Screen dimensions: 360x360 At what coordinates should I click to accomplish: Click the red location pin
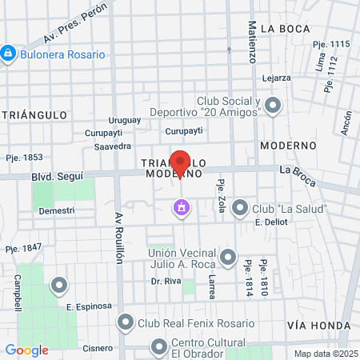pos(180,162)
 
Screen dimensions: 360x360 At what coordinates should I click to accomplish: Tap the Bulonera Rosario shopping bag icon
pos(9,54)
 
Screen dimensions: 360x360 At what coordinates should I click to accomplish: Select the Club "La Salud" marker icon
pos(239,209)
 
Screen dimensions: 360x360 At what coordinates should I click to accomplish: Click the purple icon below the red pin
pos(182,208)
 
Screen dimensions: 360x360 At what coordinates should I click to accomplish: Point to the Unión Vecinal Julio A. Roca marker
pos(229,257)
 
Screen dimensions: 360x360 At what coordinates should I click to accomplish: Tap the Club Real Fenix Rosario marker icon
pos(126,323)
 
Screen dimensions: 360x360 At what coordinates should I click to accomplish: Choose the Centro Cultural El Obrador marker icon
pos(158,346)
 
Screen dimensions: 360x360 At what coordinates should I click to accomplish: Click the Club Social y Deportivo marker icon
pos(274,105)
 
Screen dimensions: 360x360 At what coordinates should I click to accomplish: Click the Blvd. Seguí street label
pos(56,176)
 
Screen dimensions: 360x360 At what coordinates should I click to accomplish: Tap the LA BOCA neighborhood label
pos(284,29)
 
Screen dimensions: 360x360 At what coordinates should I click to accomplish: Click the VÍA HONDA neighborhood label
pos(318,326)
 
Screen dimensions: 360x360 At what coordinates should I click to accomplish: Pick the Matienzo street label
pos(251,43)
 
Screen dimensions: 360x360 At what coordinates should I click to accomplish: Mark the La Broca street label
pos(298,170)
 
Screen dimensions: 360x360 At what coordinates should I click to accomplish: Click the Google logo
pos(27,350)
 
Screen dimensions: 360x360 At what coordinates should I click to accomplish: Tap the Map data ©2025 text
pos(325,354)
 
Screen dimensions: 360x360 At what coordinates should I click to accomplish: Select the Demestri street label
pos(56,210)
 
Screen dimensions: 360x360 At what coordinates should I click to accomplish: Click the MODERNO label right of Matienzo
pos(288,146)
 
